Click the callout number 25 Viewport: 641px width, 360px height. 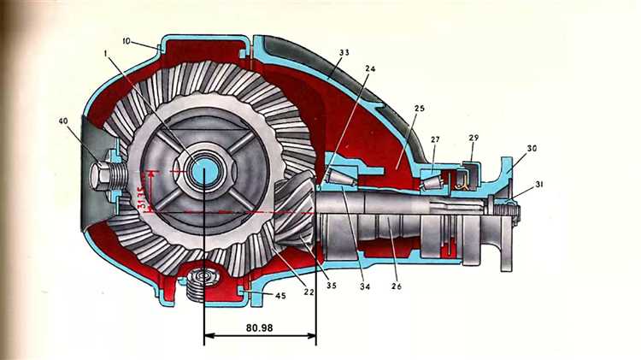(420, 109)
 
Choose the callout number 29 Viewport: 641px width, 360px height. (474, 138)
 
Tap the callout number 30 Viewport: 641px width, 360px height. (531, 148)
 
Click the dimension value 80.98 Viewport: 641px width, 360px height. (259, 326)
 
